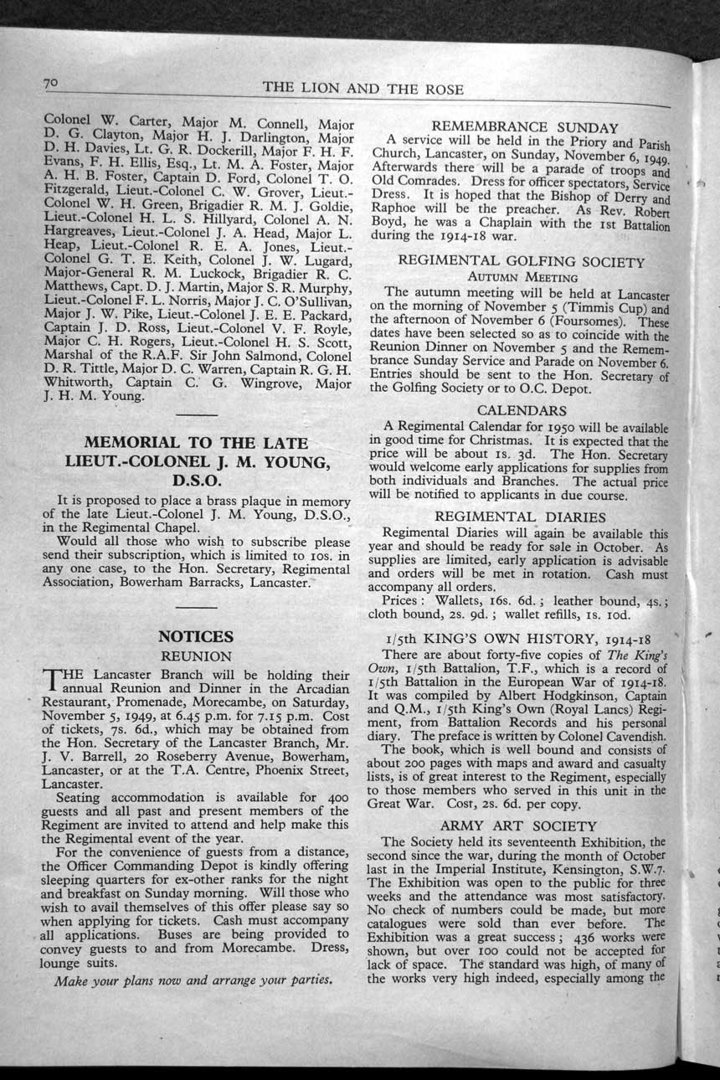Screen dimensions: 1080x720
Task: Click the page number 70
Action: [50, 83]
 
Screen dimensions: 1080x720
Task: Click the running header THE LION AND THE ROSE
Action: [363, 89]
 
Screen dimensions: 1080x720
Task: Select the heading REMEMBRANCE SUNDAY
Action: [525, 128]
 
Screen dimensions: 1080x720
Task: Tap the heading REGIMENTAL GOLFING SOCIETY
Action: [522, 261]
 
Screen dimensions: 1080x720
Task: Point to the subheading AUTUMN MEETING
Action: [522, 277]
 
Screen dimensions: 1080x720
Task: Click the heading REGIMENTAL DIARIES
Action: [521, 517]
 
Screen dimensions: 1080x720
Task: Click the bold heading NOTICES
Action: [196, 636]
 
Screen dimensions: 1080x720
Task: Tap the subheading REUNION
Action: [196, 656]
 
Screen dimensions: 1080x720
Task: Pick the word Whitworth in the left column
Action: [75, 383]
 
